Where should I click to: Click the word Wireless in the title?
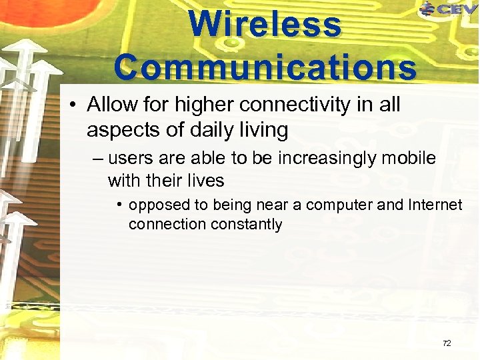[265, 25]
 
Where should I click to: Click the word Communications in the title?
[265, 67]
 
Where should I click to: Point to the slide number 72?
[447, 343]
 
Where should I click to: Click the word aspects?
[119, 130]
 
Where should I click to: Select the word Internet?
[433, 205]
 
